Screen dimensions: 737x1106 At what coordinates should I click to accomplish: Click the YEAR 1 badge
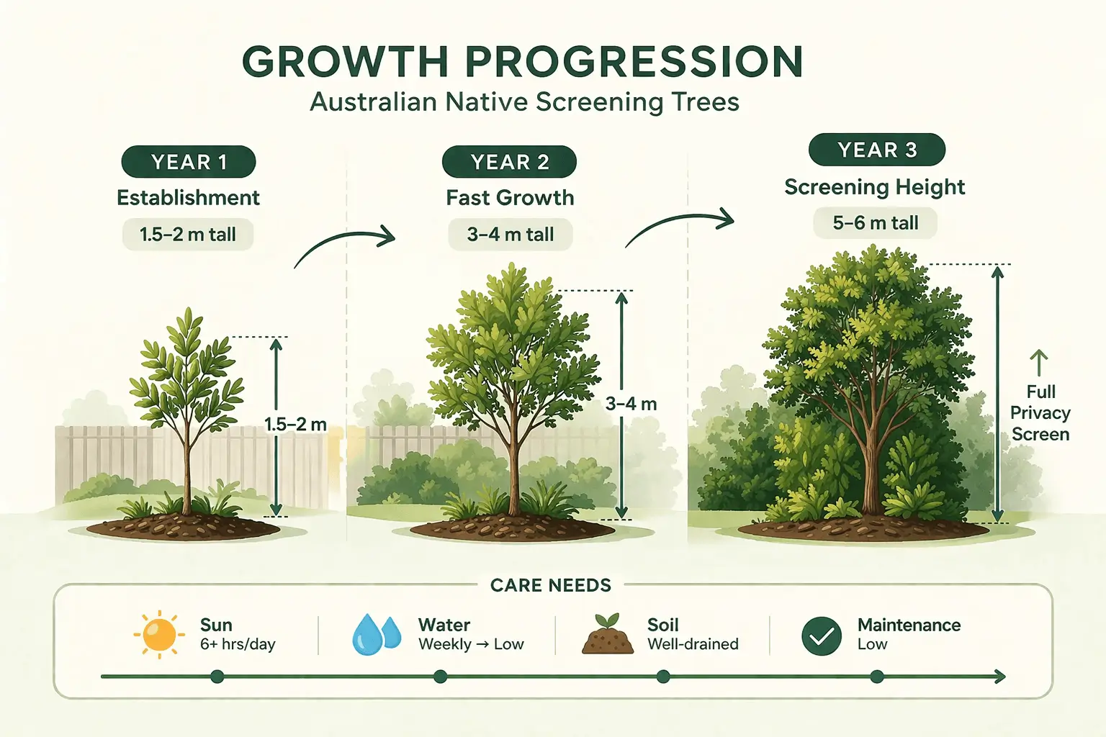click(189, 162)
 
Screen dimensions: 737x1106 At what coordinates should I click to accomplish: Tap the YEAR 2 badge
click(509, 162)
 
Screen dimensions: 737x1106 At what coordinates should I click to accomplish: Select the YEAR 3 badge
click(876, 150)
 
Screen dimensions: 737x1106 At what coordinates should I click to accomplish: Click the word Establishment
click(188, 198)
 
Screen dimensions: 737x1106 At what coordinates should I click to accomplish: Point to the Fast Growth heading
click(510, 198)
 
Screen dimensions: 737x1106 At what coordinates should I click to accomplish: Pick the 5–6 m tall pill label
click(875, 223)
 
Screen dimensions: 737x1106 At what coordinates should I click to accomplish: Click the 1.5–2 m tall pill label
click(188, 235)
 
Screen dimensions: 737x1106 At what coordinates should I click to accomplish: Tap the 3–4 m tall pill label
click(510, 235)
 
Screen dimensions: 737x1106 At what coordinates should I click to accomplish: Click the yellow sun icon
click(159, 634)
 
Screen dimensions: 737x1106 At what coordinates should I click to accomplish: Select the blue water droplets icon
click(377, 634)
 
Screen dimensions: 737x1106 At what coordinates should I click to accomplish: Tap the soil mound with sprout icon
click(607, 634)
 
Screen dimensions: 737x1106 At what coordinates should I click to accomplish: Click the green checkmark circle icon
click(822, 636)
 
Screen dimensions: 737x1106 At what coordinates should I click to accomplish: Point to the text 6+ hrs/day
click(238, 644)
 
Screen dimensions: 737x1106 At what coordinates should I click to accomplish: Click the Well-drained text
click(693, 644)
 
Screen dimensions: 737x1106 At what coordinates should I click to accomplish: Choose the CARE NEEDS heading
click(551, 585)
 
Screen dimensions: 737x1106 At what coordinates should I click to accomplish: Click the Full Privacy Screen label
click(1040, 413)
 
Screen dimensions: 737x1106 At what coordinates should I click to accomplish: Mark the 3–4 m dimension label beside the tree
click(631, 404)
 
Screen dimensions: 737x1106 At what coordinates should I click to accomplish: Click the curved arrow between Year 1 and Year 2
click(344, 245)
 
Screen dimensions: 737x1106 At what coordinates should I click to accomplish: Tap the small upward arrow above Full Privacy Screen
click(1038, 363)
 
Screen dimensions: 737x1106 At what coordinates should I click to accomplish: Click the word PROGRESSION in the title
click(634, 62)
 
